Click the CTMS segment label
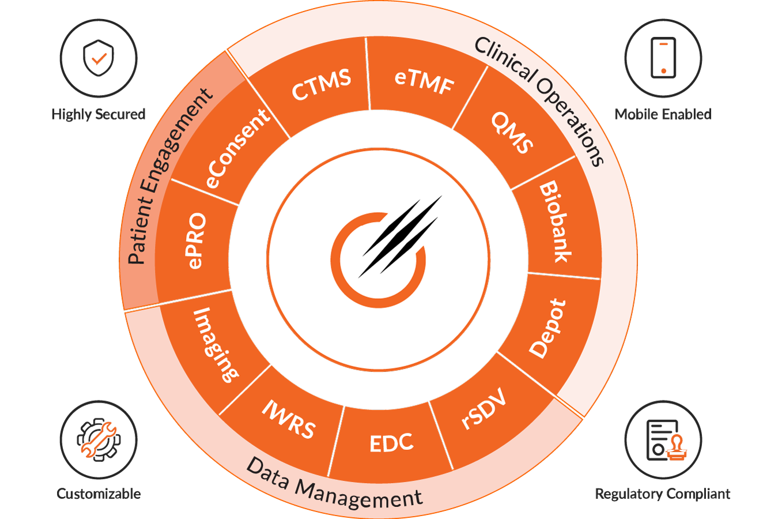coord(321,85)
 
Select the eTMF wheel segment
coord(425,81)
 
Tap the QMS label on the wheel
coord(512,133)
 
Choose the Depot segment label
coord(547,329)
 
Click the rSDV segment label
coord(484,409)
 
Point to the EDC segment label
coord(391,443)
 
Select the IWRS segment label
coord(289,419)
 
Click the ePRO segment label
coord(196,240)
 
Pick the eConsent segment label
coord(237,149)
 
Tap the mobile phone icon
coord(663,58)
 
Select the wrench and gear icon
coord(99,439)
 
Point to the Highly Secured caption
coord(99,114)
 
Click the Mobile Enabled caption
coord(663,114)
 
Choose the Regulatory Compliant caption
coord(663,494)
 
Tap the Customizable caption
coord(99,494)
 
